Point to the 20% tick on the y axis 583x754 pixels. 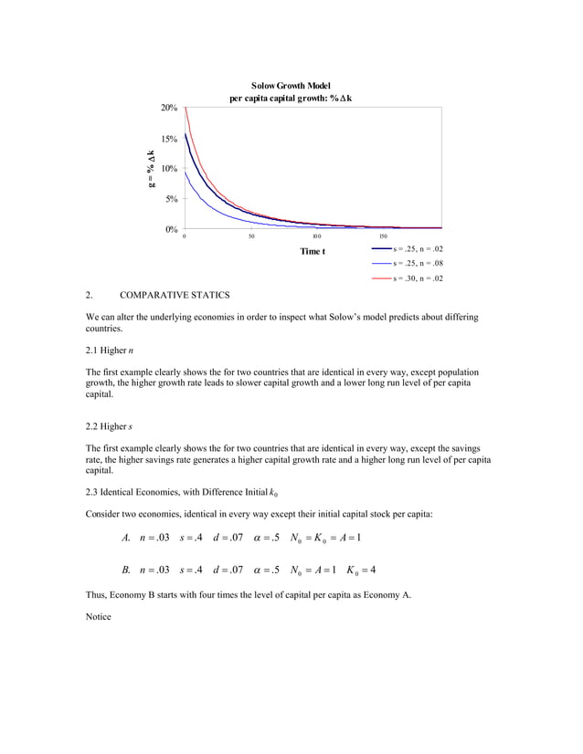click(x=169, y=109)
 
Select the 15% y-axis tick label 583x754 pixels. click(x=169, y=139)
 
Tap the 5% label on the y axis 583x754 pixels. click(x=171, y=199)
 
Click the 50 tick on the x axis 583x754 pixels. click(x=251, y=236)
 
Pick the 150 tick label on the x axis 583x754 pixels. click(x=383, y=236)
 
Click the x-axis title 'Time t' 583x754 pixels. click(x=312, y=251)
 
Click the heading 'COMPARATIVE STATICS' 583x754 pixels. click(x=175, y=295)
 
